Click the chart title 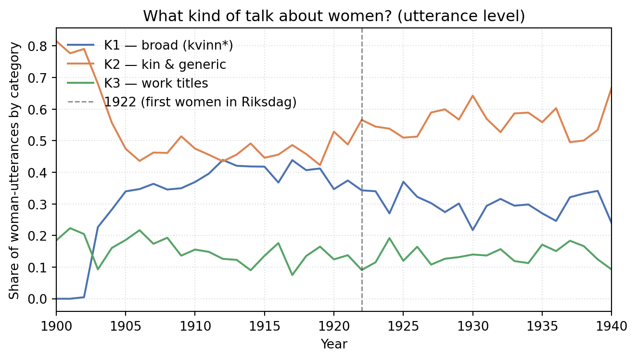pyautogui.click(x=334, y=16)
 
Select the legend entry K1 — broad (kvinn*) pyautogui.click(x=150, y=45)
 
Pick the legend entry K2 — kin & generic pyautogui.click(x=147, y=64)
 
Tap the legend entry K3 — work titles pyautogui.click(x=138, y=83)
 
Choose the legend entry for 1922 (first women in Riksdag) pyautogui.click(x=182, y=102)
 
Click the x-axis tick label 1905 pyautogui.click(x=126, y=326)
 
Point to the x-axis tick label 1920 pyautogui.click(x=334, y=326)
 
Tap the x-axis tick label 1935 pyautogui.click(x=542, y=326)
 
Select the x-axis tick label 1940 pyautogui.click(x=612, y=326)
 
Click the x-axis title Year pyautogui.click(x=334, y=344)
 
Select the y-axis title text pyautogui.click(x=14, y=171)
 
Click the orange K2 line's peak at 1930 pyautogui.click(x=472, y=95)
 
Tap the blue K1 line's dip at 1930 pyautogui.click(x=472, y=230)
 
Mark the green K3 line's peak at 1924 pyautogui.click(x=389, y=238)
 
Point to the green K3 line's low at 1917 pyautogui.click(x=292, y=275)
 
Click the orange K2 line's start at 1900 pyautogui.click(x=56, y=41)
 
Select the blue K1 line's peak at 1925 pyautogui.click(x=403, y=181)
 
